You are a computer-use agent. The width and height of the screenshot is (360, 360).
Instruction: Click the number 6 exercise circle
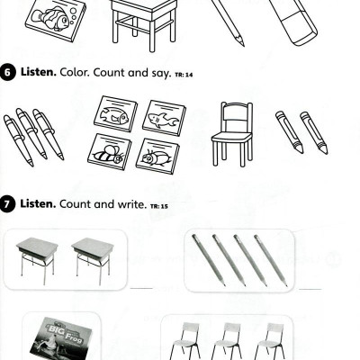[7, 73]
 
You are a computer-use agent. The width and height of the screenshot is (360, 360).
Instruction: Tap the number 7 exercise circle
[7, 204]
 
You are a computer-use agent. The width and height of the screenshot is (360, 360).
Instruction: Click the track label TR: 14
[184, 75]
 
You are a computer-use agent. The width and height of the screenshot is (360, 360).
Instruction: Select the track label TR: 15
[159, 206]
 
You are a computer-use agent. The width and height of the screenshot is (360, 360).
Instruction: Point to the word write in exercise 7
[131, 204]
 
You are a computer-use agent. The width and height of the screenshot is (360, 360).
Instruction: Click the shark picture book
[164, 118]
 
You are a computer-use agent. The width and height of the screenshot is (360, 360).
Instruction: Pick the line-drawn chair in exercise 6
[232, 134]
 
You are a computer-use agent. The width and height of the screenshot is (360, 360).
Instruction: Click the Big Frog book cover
[61, 338]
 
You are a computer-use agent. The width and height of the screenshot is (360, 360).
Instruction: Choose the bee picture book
[110, 152]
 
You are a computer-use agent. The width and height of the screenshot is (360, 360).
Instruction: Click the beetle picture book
[157, 156]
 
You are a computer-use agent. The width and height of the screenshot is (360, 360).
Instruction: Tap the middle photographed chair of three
[226, 341]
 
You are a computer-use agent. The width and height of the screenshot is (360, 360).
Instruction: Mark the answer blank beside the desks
[141, 288]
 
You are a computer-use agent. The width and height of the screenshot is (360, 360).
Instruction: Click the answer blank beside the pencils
[310, 290]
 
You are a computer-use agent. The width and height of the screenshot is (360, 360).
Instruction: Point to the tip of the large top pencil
[244, 46]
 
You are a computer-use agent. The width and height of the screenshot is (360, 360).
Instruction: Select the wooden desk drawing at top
[143, 24]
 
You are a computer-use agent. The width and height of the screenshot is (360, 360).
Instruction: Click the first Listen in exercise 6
[38, 72]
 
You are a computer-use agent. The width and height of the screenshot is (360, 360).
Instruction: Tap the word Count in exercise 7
[76, 204]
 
